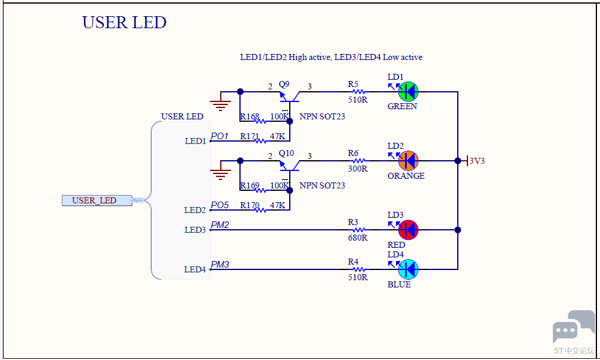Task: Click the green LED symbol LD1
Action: coord(408,92)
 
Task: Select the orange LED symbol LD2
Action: coord(408,161)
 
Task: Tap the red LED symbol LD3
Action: coord(408,230)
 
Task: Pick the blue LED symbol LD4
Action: coord(408,269)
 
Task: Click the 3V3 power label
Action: coord(477,161)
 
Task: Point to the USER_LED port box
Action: coord(97,200)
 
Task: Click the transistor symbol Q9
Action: coord(289,97)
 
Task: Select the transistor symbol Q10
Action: coord(289,165)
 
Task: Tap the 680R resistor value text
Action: coord(358,238)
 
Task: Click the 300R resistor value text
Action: coord(358,169)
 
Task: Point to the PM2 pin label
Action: coord(220,224)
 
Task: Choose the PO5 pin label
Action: coord(220,205)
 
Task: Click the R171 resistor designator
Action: coord(250,136)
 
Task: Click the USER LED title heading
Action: coord(124,23)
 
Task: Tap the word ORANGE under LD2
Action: coord(406,176)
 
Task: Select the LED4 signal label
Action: coord(195,269)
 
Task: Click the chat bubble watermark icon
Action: coord(574,326)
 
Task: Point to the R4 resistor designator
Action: coord(353,262)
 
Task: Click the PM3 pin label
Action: coord(220,265)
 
